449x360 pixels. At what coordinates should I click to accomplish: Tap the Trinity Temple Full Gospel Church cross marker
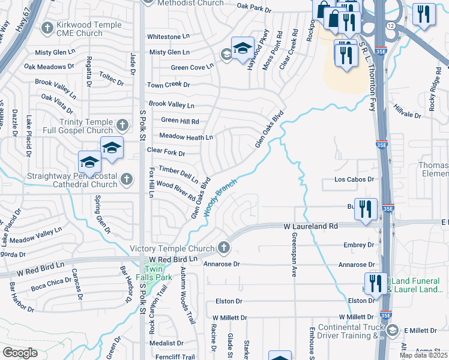[x=122, y=125]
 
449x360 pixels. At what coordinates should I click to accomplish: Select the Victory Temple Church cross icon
[x=223, y=247]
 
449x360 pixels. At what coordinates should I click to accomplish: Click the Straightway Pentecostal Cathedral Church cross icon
[x=126, y=178]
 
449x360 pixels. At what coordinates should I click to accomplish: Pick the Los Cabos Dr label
[x=354, y=179]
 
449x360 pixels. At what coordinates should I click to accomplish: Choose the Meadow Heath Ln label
[x=186, y=137]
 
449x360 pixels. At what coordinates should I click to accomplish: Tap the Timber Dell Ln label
[x=178, y=175]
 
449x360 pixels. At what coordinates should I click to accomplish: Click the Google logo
[x=20, y=352]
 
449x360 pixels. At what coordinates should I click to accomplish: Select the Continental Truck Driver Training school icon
[x=392, y=329]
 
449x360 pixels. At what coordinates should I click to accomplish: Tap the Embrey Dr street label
[x=359, y=245]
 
